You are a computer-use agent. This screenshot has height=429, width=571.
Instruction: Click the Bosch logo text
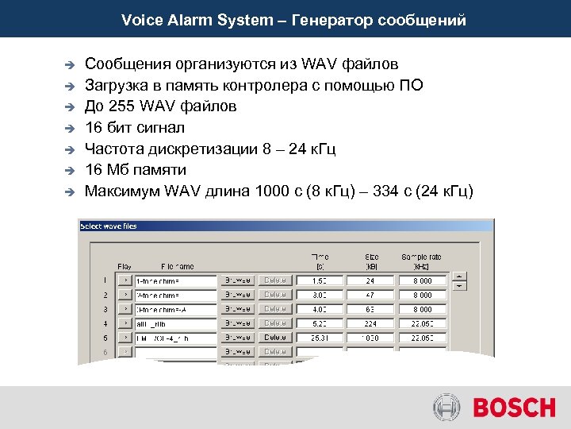click(515, 408)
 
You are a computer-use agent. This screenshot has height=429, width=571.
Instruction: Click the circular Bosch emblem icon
click(446, 408)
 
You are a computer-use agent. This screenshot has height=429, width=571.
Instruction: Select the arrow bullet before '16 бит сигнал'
click(69, 127)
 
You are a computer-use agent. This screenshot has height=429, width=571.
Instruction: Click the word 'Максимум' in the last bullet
click(121, 191)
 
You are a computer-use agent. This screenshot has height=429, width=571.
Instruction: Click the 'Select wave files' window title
click(109, 226)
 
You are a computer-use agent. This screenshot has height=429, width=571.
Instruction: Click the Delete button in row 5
click(276, 338)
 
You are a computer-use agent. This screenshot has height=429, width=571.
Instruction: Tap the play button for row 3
click(125, 309)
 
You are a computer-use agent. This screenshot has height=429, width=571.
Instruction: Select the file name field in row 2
click(175, 295)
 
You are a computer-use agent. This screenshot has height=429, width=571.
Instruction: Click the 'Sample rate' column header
click(420, 261)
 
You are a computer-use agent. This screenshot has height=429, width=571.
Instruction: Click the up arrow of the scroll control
click(460, 276)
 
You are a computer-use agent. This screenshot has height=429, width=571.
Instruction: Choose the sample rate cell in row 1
click(420, 280)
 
